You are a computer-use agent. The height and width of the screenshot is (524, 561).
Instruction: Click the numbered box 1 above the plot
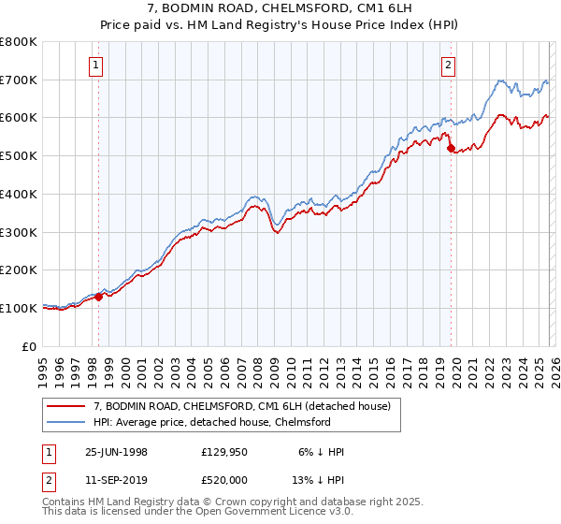pos(97,65)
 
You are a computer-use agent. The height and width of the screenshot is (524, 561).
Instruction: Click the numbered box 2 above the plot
pos(449,65)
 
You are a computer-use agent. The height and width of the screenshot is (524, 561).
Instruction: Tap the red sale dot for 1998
pos(99,297)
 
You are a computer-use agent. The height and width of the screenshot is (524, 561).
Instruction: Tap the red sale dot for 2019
pos(450,148)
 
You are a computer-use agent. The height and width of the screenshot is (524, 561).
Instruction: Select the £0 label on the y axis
pos(28,346)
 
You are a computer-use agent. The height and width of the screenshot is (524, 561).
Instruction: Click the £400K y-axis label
pos(19,195)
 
